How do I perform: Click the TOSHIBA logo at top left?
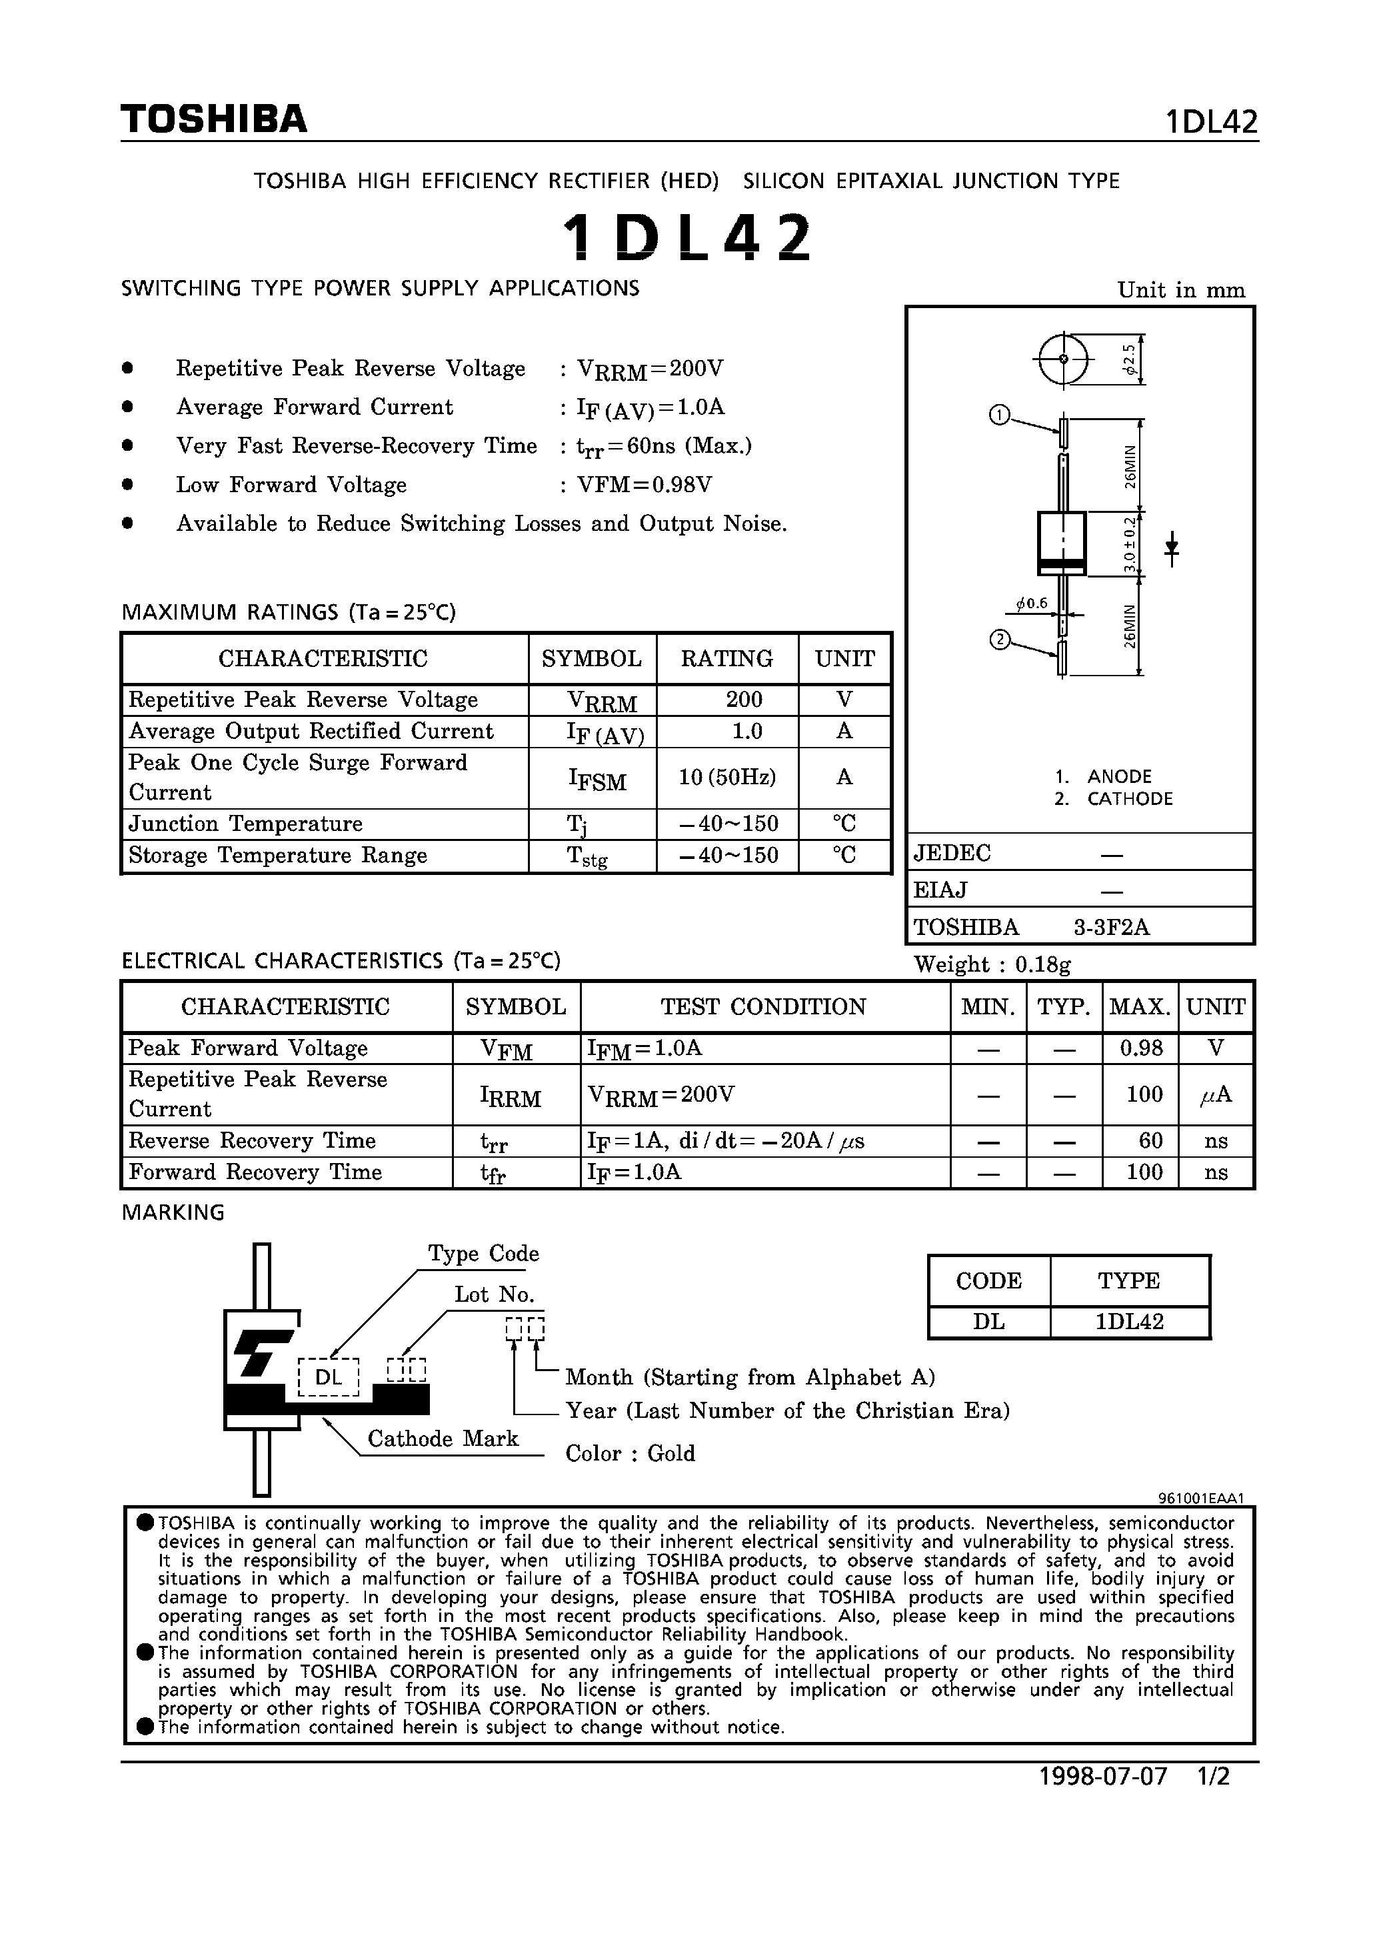pos(214,119)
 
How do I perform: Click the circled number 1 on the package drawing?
pos(999,414)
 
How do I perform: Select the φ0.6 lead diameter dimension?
pos(1032,604)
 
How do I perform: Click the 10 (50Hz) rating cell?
pos(726,777)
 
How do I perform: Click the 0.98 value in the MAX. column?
pos(1140,1048)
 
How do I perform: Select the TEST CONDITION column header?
pos(763,1006)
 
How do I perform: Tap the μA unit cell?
pos(1215,1095)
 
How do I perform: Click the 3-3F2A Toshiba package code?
pos(1111,928)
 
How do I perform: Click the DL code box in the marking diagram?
pos(329,1376)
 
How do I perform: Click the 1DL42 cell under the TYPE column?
pos(1129,1322)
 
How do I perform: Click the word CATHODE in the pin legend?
pos(1129,798)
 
